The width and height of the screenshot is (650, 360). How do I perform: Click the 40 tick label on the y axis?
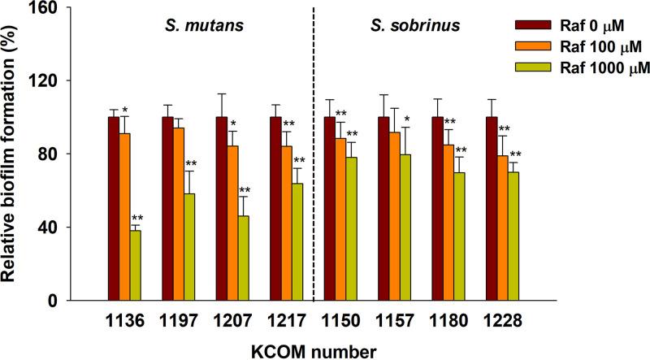(x=50, y=227)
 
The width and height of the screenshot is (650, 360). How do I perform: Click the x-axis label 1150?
(x=340, y=321)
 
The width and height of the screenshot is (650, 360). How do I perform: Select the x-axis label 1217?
(x=286, y=321)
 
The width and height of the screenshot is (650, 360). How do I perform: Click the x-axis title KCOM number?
(x=313, y=350)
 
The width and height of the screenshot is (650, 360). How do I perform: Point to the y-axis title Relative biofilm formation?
(x=14, y=154)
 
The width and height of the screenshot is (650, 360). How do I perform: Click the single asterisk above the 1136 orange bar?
(x=124, y=110)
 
